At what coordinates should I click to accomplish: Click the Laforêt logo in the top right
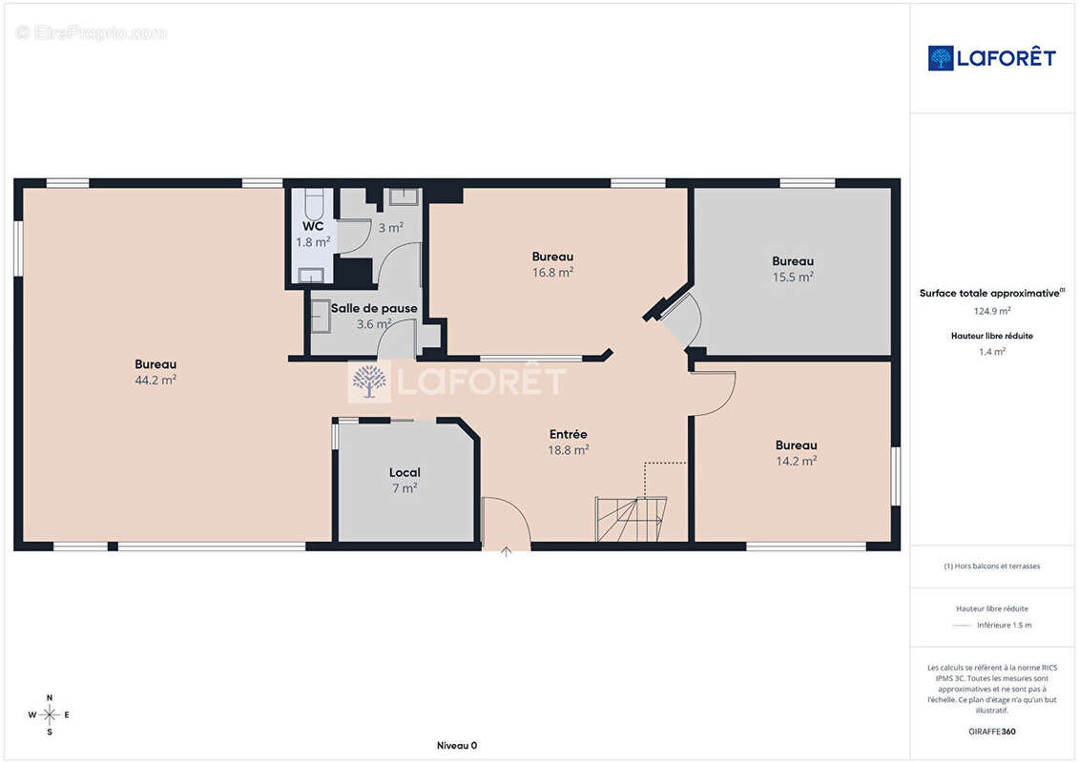991,58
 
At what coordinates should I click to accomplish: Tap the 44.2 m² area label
156,380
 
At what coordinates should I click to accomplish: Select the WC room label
313,226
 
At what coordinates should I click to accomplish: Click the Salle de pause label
374,308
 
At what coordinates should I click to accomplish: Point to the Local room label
405,473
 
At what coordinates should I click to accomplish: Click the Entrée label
569,434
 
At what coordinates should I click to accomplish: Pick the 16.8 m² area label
552,273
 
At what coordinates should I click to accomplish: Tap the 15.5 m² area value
793,278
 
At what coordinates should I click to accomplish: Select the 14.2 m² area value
797,461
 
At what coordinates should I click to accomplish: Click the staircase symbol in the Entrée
631,519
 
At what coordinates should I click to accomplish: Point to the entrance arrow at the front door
507,552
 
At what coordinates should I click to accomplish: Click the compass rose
50,715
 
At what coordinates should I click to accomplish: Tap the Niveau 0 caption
457,745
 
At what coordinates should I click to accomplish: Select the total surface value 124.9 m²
991,311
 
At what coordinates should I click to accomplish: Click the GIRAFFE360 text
991,732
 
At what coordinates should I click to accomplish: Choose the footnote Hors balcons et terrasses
991,567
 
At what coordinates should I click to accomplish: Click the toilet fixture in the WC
314,203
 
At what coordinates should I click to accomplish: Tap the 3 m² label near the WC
390,227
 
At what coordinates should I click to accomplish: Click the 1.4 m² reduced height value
991,352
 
